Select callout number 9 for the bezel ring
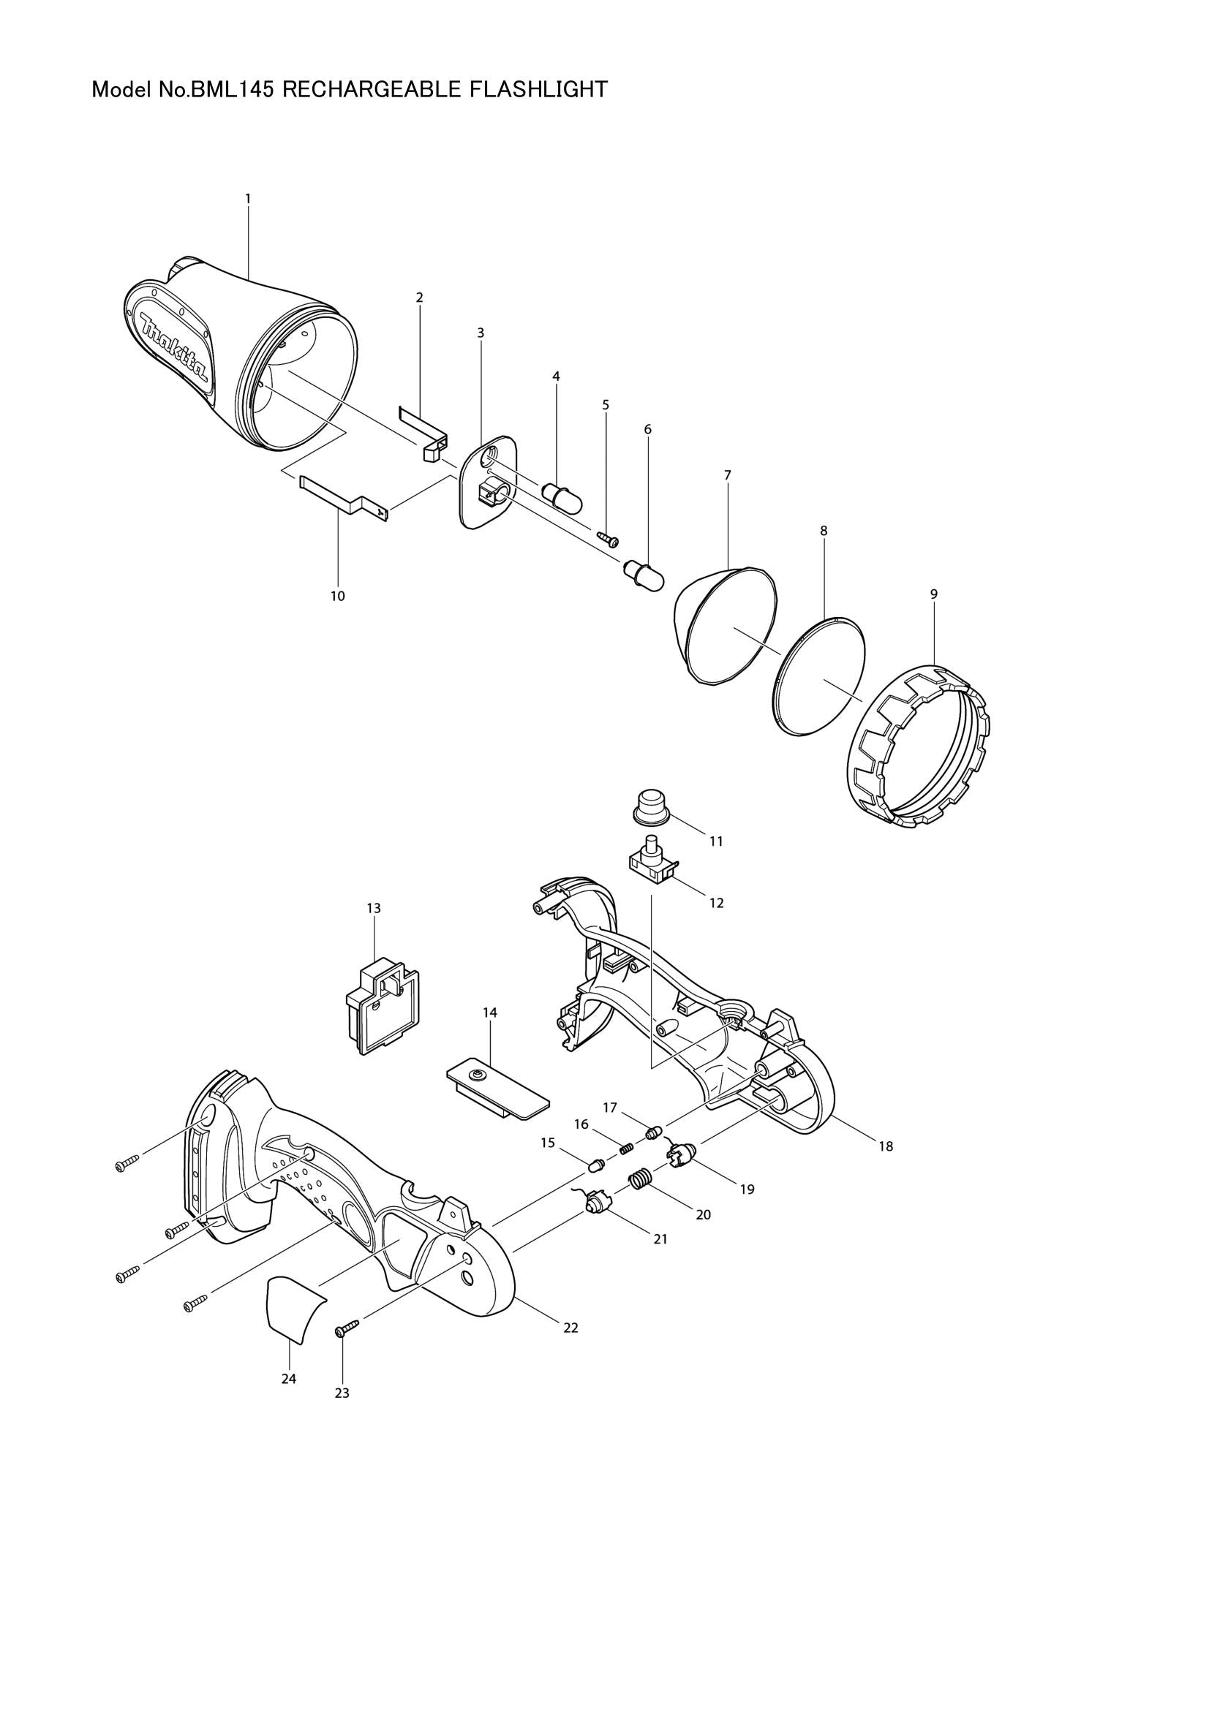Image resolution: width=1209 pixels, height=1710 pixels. click(x=933, y=594)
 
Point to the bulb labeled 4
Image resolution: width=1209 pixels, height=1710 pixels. click(x=562, y=493)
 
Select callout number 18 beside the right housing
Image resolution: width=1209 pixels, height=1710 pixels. click(x=885, y=1147)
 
